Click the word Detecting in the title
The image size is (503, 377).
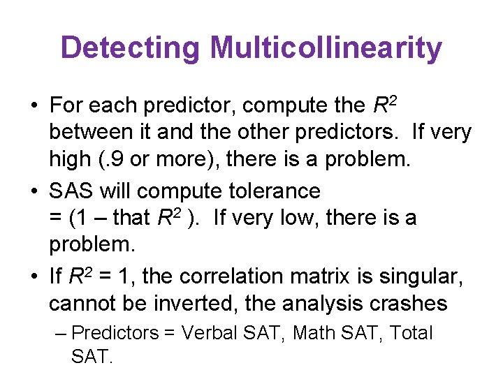point(131,48)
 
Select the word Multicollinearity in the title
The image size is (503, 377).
point(326,48)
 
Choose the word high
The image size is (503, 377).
point(71,158)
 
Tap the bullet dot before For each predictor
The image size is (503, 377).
point(34,106)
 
